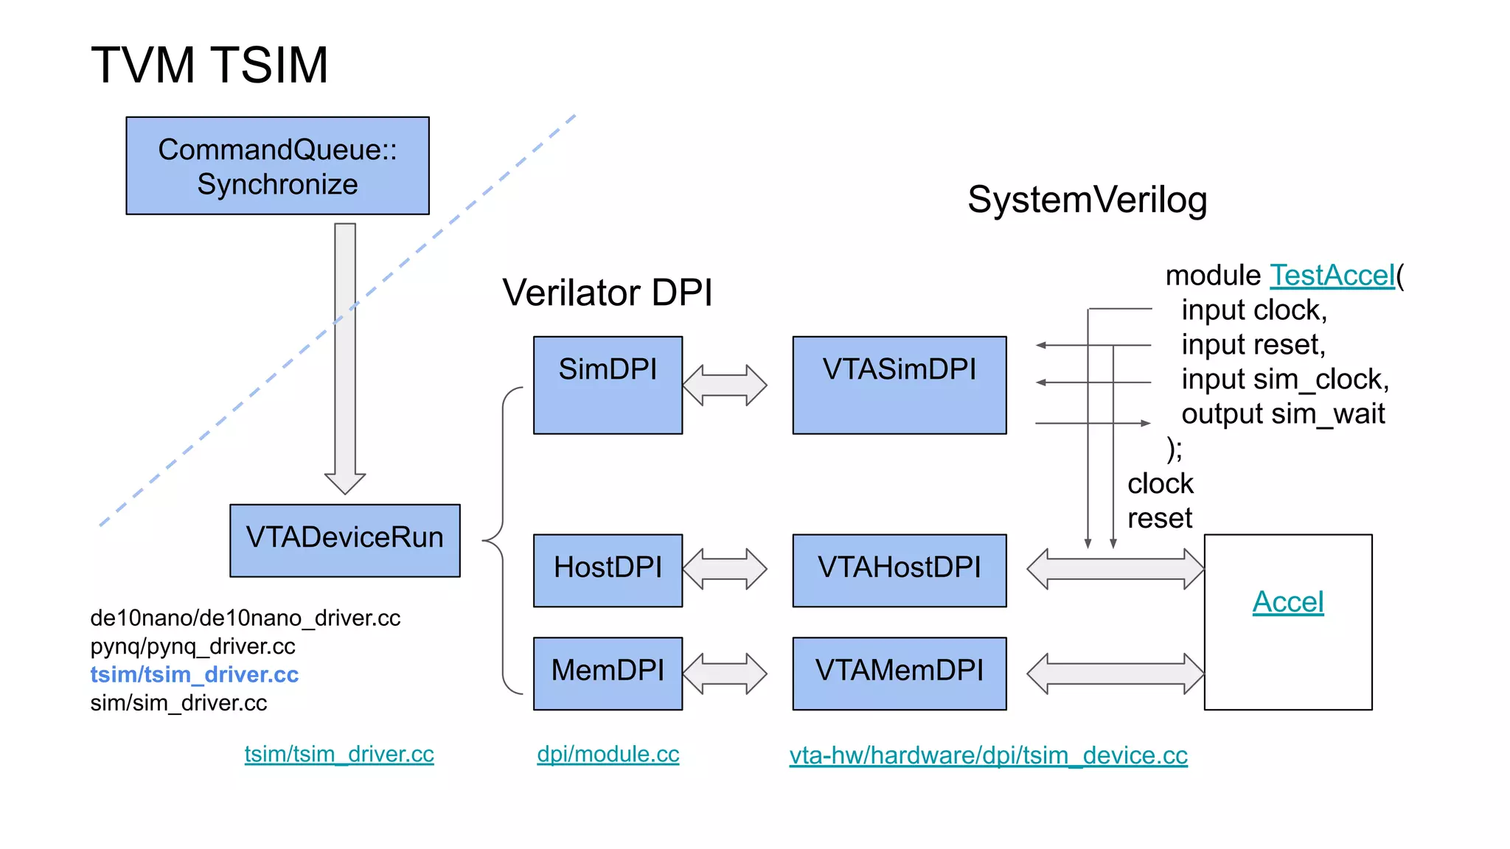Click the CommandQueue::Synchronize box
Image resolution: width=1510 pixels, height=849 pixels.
point(277,166)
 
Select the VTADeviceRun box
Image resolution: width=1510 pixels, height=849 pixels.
point(344,539)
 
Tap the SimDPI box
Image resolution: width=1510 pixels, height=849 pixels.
point(608,385)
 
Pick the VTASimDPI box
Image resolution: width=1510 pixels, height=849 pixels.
point(899,385)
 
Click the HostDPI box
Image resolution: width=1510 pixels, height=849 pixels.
point(608,570)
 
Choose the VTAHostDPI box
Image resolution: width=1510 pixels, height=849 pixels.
point(899,570)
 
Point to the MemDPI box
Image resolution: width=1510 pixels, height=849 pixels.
point(608,673)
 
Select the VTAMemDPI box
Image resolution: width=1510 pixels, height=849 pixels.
point(899,673)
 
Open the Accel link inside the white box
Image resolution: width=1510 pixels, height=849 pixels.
point(1287,602)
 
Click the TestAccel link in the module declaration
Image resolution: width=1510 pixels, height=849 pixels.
point(1332,276)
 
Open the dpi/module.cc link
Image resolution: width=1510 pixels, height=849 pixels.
point(608,754)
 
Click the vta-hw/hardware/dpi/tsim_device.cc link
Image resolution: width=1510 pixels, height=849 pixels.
point(988,755)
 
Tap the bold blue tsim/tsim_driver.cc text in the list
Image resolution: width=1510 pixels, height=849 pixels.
point(194,674)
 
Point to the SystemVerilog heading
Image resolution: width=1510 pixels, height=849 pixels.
point(1087,200)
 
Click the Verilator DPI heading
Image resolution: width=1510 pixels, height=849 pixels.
point(608,293)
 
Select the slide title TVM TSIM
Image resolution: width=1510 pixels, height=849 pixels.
point(209,65)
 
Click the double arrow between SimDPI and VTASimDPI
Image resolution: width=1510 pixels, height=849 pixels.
point(725,385)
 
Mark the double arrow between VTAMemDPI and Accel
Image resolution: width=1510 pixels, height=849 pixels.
point(1115,673)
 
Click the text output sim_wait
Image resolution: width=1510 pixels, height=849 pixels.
point(1283,414)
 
